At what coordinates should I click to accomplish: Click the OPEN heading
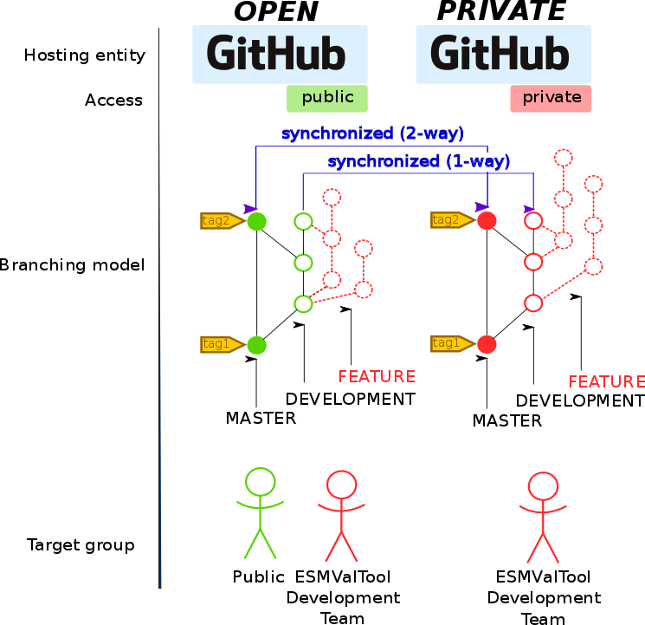pyautogui.click(x=275, y=11)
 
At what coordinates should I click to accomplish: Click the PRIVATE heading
pyautogui.click(x=501, y=11)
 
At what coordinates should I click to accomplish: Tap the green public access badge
pyautogui.click(x=327, y=98)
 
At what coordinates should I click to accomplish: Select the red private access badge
pyautogui.click(x=551, y=98)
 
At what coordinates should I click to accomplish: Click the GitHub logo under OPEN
pyautogui.click(x=280, y=54)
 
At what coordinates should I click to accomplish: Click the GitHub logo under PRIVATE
pyautogui.click(x=503, y=54)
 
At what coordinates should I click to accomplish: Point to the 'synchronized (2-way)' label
pyautogui.click(x=372, y=133)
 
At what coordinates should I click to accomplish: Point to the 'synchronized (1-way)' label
pyautogui.click(x=418, y=161)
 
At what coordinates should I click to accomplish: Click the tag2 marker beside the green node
pyautogui.click(x=220, y=221)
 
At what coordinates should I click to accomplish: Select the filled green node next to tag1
pyautogui.click(x=256, y=345)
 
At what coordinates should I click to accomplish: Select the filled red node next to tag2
pyautogui.click(x=487, y=221)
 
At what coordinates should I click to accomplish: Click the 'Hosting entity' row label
pyautogui.click(x=84, y=55)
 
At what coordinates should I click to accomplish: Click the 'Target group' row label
pyautogui.click(x=81, y=545)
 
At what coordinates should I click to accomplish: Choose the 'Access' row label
pyautogui.click(x=113, y=101)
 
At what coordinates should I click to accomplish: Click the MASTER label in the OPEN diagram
pyautogui.click(x=261, y=419)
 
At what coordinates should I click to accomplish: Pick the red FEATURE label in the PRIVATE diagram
pyautogui.click(x=606, y=382)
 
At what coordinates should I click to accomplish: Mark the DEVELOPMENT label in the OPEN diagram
pyautogui.click(x=351, y=400)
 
